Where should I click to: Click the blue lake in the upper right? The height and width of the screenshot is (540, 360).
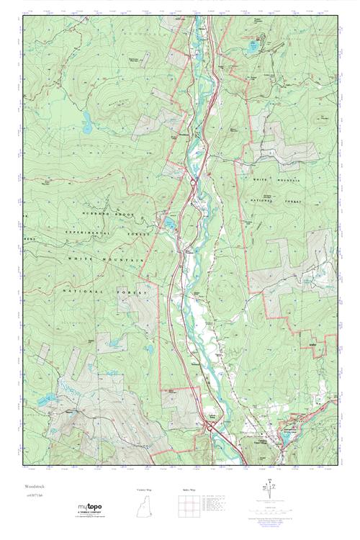(x=251, y=49)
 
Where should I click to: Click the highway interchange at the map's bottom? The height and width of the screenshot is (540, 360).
(x=210, y=427)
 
